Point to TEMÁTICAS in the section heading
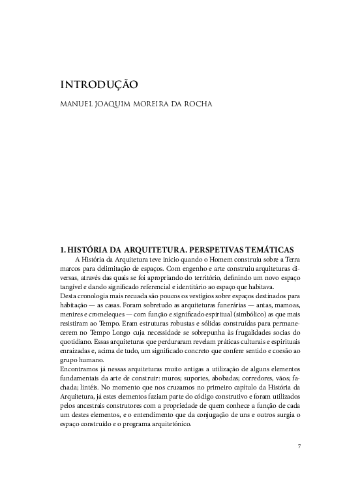point(269,249)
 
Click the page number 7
point(299,446)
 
